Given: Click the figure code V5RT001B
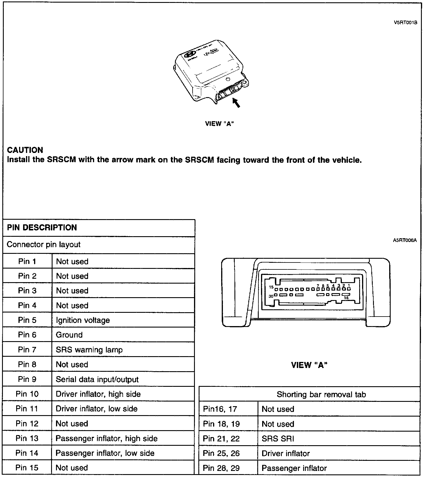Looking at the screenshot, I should pyautogui.click(x=405, y=23).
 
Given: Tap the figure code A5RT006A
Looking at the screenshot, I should pyautogui.click(x=405, y=240).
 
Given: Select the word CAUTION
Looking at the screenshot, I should pyautogui.click(x=25, y=150).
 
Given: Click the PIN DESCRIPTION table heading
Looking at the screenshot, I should pyautogui.click(x=42, y=228).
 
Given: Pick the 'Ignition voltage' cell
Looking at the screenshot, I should pyautogui.click(x=83, y=320).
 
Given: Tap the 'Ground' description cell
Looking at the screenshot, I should pyautogui.click(x=69, y=335).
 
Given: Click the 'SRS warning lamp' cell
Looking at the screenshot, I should pyautogui.click(x=89, y=350).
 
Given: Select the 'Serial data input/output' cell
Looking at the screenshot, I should pyautogui.click(x=97, y=379).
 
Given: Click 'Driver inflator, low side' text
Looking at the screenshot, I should pyautogui.click(x=96, y=408).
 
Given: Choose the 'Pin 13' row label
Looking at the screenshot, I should pyautogui.click(x=27, y=438).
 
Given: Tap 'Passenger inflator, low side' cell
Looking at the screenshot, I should pyautogui.click(x=105, y=453).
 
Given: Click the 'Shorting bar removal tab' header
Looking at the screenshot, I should pyautogui.click(x=321, y=394).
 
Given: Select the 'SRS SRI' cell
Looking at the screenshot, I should pyautogui.click(x=278, y=439).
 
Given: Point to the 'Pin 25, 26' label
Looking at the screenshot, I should pyautogui.click(x=221, y=453).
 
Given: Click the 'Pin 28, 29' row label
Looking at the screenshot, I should pyautogui.click(x=221, y=468).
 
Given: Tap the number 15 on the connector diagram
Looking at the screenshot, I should pyautogui.click(x=271, y=287).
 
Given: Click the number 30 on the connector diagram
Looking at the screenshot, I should pyautogui.click(x=271, y=296).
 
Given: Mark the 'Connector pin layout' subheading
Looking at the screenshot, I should pyautogui.click(x=44, y=245).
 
